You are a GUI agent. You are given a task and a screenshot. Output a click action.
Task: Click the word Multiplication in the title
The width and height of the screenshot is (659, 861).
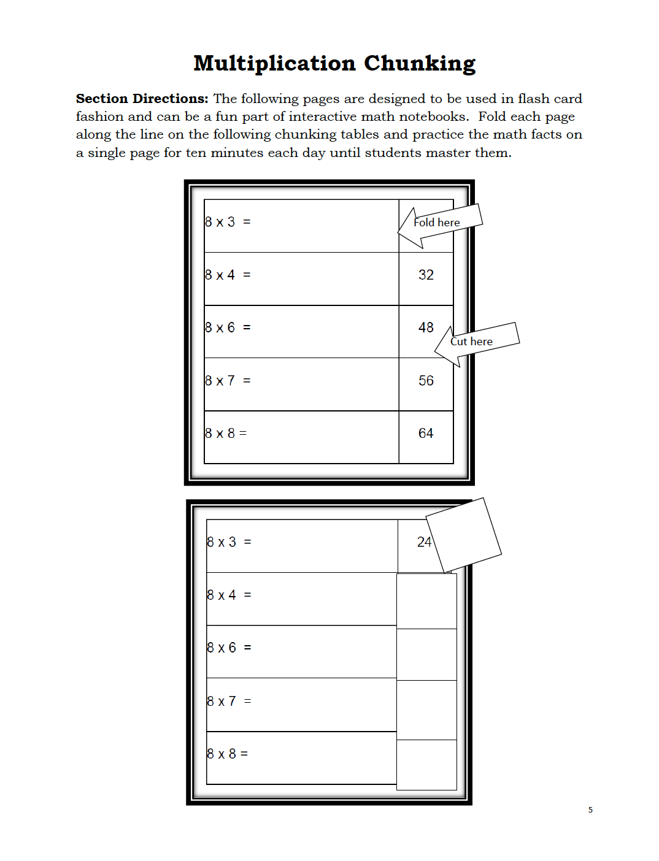click(274, 64)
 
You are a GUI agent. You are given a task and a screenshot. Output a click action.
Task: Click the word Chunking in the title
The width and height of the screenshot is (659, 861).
click(420, 64)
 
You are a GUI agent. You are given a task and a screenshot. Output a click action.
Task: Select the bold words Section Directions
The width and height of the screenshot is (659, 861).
click(142, 99)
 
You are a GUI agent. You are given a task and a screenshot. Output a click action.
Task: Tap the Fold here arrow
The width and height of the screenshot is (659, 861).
click(438, 224)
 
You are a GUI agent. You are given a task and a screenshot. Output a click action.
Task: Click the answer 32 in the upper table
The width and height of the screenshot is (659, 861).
click(426, 275)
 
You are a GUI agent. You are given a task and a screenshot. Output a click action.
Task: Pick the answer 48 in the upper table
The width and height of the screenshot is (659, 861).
click(426, 328)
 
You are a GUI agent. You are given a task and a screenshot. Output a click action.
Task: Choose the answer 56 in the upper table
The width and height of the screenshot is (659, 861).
click(426, 381)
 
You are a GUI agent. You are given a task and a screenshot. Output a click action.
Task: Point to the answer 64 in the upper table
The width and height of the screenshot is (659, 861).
click(426, 434)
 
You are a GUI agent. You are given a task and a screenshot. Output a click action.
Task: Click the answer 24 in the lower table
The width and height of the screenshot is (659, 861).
click(423, 542)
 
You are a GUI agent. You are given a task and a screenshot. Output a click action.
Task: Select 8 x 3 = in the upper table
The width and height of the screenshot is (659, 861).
click(228, 222)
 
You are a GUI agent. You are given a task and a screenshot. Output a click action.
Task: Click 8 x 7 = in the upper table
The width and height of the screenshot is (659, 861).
click(228, 381)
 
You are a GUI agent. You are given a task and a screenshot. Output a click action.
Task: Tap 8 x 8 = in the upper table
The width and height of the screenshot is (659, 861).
click(226, 434)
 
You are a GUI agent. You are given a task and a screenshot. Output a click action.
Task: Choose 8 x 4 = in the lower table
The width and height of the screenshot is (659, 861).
click(229, 595)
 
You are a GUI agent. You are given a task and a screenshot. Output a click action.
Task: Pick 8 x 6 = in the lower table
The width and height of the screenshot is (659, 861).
click(229, 648)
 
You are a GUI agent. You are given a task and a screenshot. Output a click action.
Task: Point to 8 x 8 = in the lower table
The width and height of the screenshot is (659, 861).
click(227, 754)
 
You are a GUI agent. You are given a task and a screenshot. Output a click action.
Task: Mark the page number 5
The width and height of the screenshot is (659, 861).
click(590, 810)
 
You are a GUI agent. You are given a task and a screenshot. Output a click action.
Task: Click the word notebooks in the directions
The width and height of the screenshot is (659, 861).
click(432, 117)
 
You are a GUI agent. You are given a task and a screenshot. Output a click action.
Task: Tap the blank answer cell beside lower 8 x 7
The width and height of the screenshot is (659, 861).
click(426, 710)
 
